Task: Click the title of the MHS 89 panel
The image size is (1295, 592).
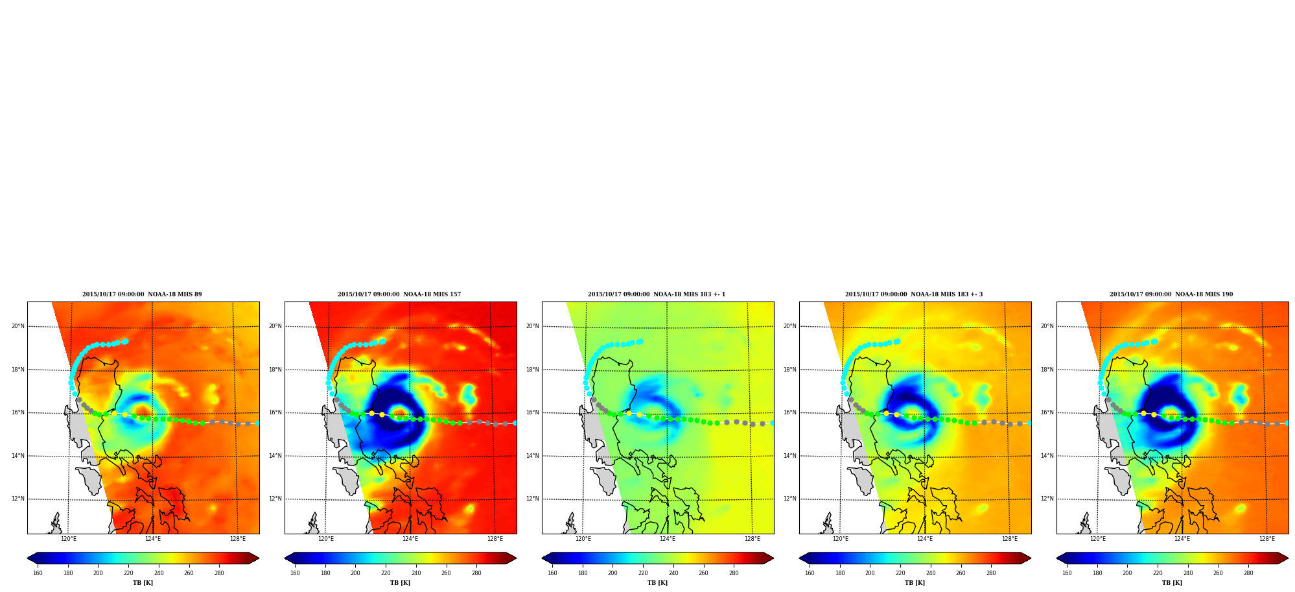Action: (x=142, y=294)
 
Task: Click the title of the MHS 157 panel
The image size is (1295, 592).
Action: (x=399, y=294)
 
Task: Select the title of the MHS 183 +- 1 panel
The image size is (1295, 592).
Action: (x=657, y=294)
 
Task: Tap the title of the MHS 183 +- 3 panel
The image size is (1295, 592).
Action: (x=914, y=294)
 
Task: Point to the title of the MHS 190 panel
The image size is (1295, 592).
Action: (x=1171, y=294)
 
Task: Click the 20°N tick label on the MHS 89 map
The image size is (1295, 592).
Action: (x=18, y=326)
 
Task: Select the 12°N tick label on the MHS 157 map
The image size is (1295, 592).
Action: (x=275, y=499)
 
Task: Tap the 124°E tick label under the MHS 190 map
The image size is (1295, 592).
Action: (x=1182, y=539)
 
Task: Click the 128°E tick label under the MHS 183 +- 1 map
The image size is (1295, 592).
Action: (x=752, y=539)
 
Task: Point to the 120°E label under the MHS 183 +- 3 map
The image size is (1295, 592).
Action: (x=841, y=539)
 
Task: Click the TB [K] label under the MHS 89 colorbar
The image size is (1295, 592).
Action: (x=143, y=583)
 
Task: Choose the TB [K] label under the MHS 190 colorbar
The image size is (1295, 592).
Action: (x=1172, y=583)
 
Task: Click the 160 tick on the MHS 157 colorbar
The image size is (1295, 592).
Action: (x=295, y=573)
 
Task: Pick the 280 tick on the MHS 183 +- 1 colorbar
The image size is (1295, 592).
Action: (x=734, y=573)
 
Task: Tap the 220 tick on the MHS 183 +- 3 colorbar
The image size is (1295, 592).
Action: (x=900, y=573)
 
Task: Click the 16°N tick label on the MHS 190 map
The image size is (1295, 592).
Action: (x=1047, y=412)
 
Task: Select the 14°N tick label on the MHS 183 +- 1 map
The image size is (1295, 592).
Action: (x=533, y=456)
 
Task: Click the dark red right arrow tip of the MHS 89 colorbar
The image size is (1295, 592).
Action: (x=259, y=558)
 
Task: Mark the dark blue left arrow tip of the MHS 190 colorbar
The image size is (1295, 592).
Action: (x=1057, y=558)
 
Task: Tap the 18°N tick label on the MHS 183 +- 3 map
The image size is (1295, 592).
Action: (x=790, y=370)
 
